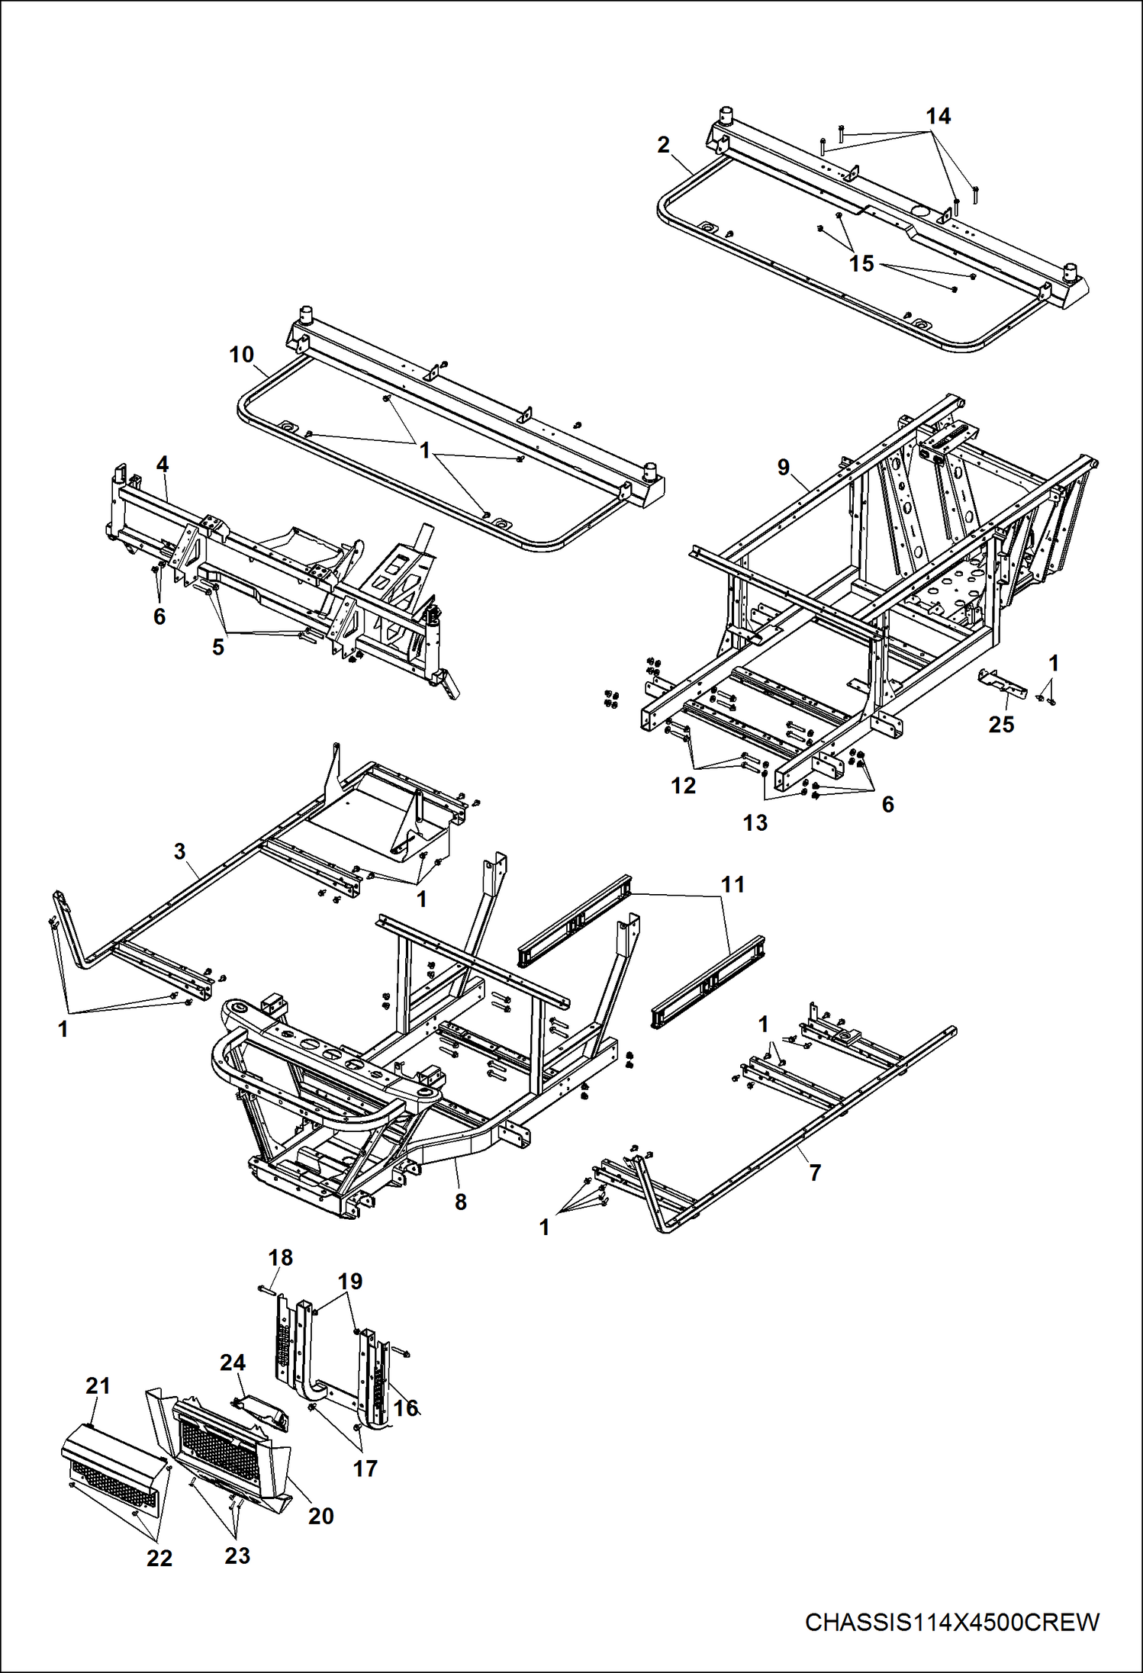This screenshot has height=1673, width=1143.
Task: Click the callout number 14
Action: [938, 117]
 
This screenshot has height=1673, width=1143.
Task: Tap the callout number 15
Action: [861, 264]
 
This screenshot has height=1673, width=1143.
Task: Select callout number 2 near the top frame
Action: [663, 145]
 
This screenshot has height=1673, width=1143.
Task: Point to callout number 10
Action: [241, 355]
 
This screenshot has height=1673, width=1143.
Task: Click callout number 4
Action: [162, 464]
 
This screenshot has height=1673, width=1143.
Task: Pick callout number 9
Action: [784, 467]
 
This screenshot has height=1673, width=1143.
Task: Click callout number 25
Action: [1001, 725]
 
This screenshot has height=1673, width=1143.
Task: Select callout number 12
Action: [683, 786]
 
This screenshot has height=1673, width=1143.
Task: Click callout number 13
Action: [755, 822]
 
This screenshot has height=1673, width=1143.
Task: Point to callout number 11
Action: [732, 884]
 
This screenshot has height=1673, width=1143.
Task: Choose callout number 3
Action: [179, 851]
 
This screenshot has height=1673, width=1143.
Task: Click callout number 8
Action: [460, 1202]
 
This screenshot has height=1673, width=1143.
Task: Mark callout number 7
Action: [815, 1173]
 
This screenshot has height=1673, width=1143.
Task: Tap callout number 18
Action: [280, 1257]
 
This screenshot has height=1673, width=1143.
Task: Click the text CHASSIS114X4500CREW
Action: [951, 1622]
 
